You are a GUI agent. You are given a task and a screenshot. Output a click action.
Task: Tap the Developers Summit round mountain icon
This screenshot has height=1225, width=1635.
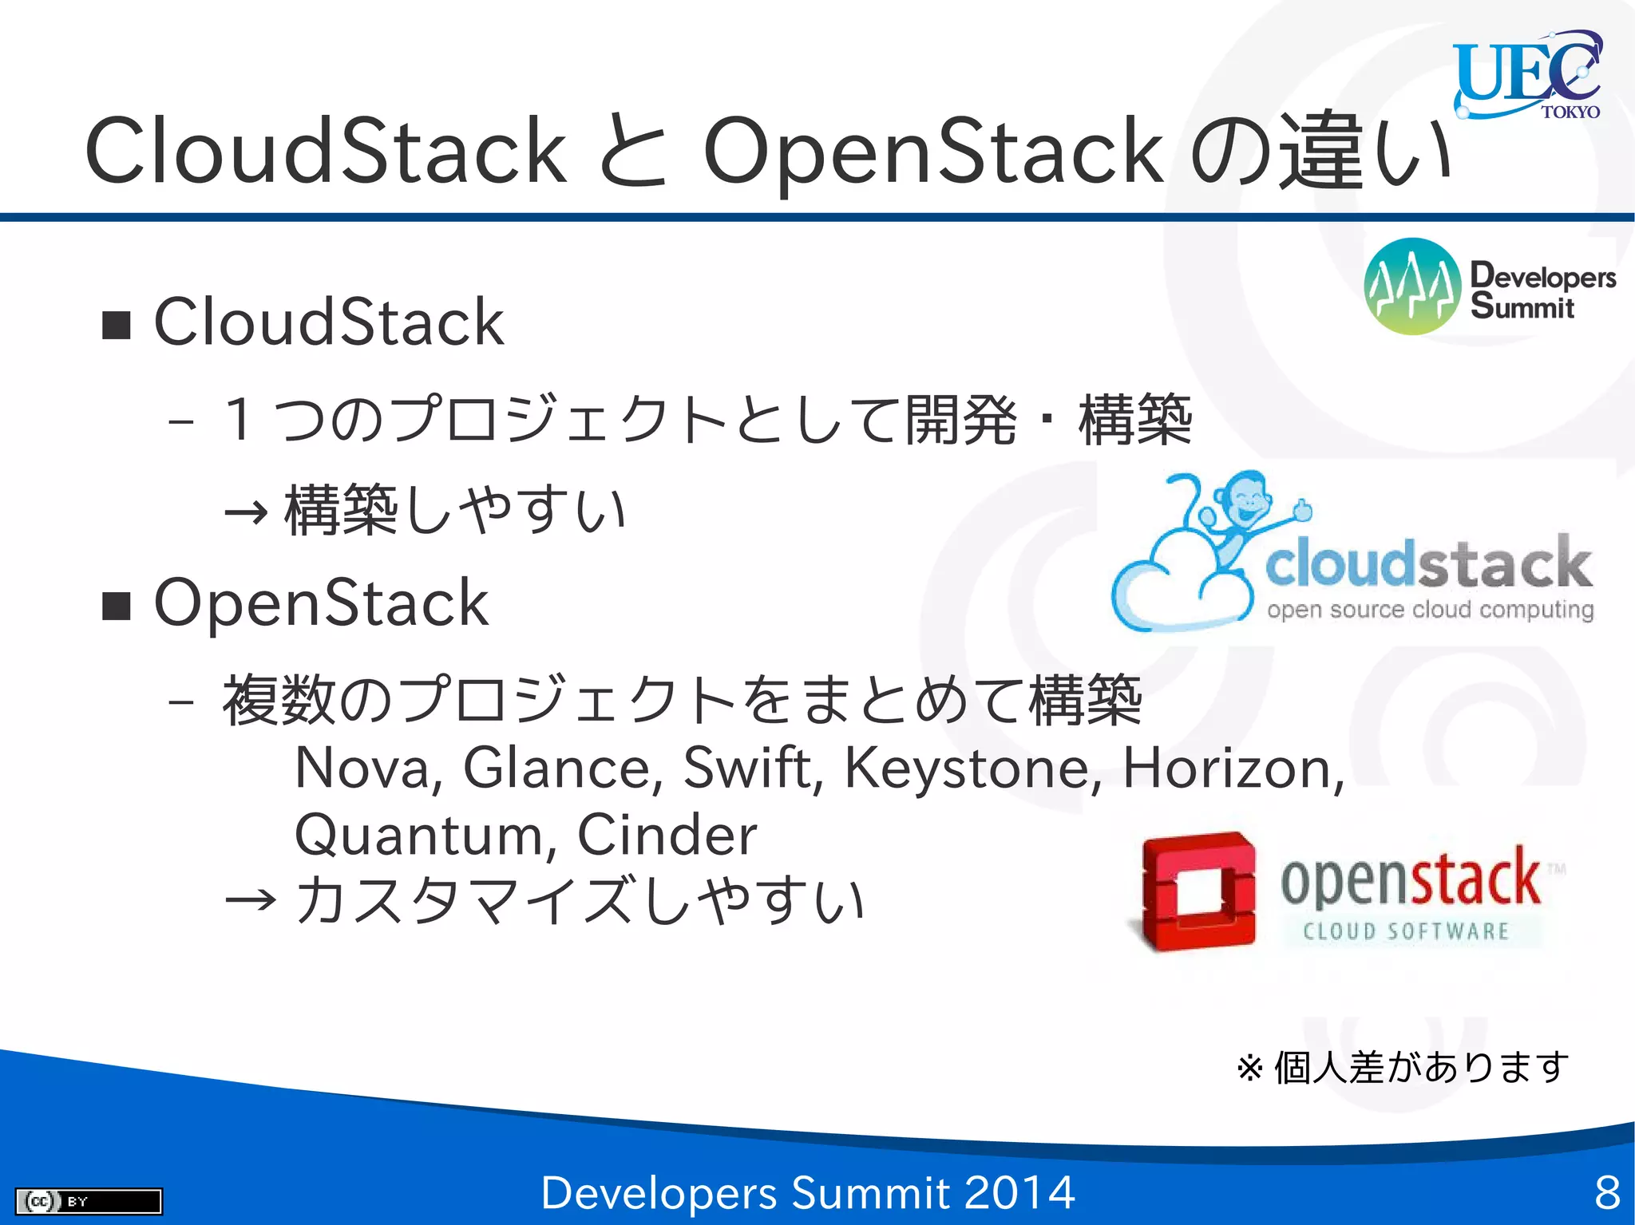[1411, 286]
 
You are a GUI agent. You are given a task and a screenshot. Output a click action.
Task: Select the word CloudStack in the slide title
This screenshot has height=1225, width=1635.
[326, 152]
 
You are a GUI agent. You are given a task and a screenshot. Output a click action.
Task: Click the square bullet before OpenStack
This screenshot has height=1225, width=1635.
[117, 607]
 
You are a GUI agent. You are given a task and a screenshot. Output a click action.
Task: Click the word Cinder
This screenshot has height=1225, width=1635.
[667, 836]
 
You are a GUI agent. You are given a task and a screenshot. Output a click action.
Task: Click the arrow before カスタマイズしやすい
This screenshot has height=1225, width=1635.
[250, 902]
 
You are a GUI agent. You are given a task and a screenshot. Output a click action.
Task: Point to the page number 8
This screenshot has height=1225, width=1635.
[1606, 1193]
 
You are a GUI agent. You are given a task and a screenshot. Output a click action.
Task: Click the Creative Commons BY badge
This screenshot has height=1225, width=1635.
[89, 1201]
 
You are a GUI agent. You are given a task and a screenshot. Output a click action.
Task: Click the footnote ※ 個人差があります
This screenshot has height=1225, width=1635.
[1402, 1068]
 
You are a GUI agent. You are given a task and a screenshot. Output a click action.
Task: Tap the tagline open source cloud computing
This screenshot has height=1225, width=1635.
[1429, 610]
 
